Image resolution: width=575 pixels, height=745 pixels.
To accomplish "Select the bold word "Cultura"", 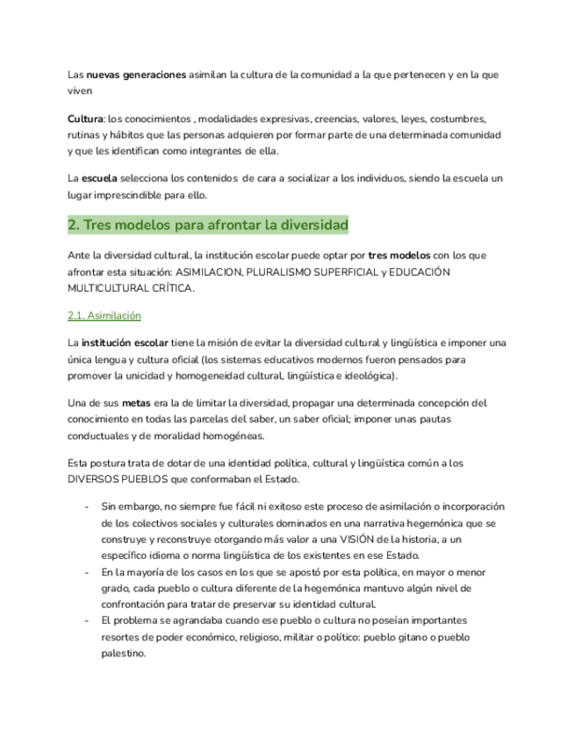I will point(85,119).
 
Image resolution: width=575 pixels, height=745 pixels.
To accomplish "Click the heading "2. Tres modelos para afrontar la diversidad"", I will point(208,226).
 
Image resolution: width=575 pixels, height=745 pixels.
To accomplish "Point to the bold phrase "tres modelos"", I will point(399,255).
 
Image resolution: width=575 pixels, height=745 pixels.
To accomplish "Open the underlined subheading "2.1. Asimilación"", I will point(104,315).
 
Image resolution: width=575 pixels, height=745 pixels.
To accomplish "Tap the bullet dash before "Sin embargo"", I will point(85,508).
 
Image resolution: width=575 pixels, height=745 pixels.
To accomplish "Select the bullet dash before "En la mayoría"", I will point(85,572).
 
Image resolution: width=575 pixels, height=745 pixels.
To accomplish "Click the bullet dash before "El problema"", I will point(85,620).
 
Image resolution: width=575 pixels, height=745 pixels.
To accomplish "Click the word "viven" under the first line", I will point(80,90).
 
